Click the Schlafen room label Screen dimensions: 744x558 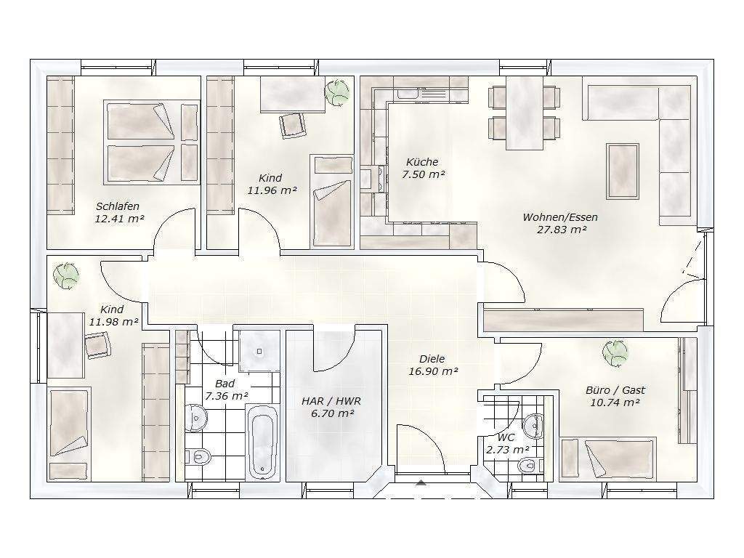(x=118, y=206)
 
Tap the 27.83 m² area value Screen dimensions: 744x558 (x=561, y=230)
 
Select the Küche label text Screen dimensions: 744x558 (x=422, y=162)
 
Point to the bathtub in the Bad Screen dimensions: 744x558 (x=263, y=441)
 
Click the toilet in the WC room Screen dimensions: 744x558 (x=528, y=465)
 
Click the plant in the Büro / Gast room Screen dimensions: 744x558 (x=615, y=354)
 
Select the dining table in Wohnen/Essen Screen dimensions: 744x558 (x=525, y=113)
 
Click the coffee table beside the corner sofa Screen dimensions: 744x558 (x=623, y=171)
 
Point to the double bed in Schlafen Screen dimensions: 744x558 (x=151, y=142)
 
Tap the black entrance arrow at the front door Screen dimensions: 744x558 (x=421, y=483)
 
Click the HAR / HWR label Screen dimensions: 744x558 (x=331, y=401)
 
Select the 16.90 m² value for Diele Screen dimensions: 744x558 (x=433, y=371)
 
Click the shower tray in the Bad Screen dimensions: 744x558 (x=259, y=351)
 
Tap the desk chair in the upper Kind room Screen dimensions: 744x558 (x=293, y=125)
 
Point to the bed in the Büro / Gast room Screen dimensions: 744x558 (x=608, y=459)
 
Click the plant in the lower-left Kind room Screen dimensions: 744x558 (x=66, y=275)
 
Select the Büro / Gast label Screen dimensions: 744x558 (x=615, y=390)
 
